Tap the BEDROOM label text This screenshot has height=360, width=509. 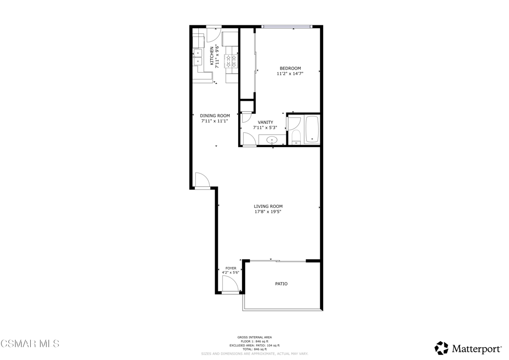click(x=290, y=69)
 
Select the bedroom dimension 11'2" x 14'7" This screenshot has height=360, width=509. click(x=290, y=74)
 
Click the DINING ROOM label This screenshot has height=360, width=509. click(x=215, y=116)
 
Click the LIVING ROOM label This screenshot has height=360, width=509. click(x=268, y=206)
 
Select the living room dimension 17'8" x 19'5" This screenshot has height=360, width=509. click(x=268, y=212)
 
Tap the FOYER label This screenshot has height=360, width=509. click(x=231, y=268)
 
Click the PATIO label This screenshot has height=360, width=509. click(x=281, y=284)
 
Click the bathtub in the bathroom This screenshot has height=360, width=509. click(x=312, y=130)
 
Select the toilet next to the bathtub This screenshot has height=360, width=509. click(x=296, y=137)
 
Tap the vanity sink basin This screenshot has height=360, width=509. click(x=272, y=141)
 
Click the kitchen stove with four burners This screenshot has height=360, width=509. click(x=231, y=61)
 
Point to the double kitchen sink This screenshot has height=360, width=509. click(x=198, y=57)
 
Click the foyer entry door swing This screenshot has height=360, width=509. click(x=229, y=285)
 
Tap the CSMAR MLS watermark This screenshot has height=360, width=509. click(x=30, y=344)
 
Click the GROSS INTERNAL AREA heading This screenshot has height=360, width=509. click(x=254, y=337)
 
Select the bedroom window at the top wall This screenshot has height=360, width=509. click(x=287, y=26)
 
